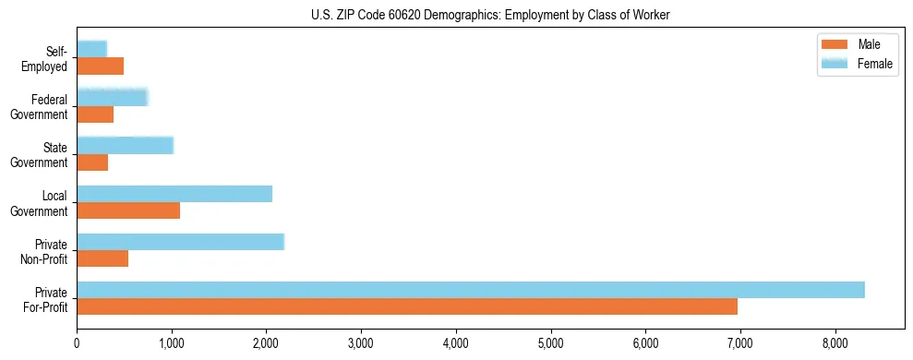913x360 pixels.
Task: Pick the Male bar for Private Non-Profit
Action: coord(102,258)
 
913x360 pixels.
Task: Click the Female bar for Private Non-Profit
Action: coord(180,242)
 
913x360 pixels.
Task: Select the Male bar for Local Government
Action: coord(128,210)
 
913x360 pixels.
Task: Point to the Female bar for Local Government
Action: coord(174,194)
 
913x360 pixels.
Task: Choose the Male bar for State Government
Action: coord(92,162)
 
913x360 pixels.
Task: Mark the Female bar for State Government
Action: coord(125,146)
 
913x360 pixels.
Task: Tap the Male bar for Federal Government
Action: coord(95,114)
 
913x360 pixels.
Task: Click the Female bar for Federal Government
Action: coord(112,98)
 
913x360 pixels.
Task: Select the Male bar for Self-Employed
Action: coord(100,66)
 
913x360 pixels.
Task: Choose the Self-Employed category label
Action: coord(46,59)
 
